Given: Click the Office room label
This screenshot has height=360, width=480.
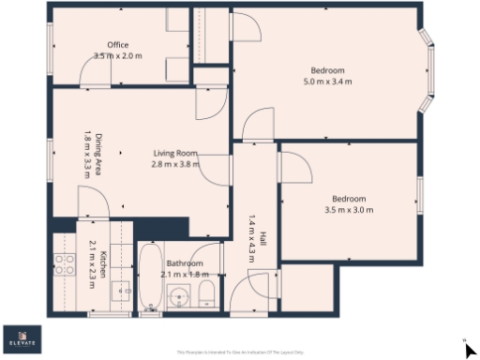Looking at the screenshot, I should [x=117, y=45].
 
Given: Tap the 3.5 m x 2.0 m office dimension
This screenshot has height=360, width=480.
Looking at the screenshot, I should [x=117, y=56].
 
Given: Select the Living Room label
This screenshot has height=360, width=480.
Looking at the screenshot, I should [x=174, y=153].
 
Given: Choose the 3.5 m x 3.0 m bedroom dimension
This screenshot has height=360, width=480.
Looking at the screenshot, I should [x=348, y=209].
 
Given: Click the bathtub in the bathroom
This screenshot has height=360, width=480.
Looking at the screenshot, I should [x=150, y=277].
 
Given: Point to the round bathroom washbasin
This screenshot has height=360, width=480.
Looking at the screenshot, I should [x=181, y=298].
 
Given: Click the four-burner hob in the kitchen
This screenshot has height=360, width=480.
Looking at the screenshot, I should [x=65, y=265].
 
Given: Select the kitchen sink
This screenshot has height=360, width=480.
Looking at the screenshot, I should [x=122, y=292].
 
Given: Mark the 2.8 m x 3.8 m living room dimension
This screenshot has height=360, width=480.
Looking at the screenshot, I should [x=174, y=164].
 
